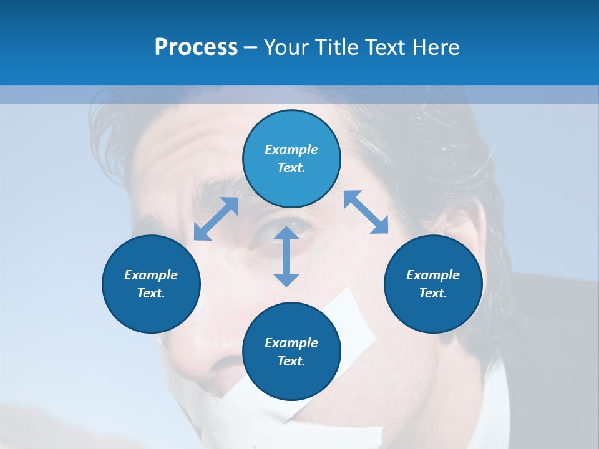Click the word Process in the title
(x=196, y=47)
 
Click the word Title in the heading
(x=336, y=47)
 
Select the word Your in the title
(x=288, y=47)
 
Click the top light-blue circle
(x=291, y=159)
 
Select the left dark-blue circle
(x=151, y=284)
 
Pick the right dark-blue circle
(x=433, y=284)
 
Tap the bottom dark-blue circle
(x=291, y=351)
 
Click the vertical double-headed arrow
(x=286, y=256)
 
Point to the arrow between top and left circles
(x=217, y=219)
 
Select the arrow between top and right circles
(x=366, y=212)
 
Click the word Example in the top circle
(x=291, y=150)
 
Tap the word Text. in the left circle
(x=151, y=293)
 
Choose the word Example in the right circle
(x=433, y=275)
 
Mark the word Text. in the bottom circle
(x=291, y=361)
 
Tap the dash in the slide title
(x=250, y=48)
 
